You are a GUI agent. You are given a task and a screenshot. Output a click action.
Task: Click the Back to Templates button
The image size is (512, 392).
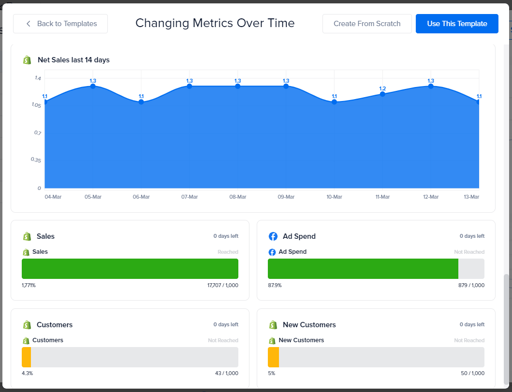[60, 24]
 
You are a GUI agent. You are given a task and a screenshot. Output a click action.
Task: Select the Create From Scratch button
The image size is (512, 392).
[367, 24]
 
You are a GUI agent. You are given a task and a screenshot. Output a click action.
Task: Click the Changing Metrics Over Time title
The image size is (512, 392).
[215, 23]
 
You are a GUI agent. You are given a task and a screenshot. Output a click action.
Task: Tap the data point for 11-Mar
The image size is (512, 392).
[382, 94]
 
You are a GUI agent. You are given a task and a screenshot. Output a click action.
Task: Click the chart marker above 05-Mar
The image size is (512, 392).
[93, 86]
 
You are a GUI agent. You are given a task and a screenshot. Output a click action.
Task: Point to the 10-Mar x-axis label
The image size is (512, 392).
[334, 197]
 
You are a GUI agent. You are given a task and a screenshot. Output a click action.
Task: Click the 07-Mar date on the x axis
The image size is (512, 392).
[190, 197]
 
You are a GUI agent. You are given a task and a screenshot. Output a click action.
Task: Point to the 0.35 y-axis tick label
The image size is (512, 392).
[36, 160]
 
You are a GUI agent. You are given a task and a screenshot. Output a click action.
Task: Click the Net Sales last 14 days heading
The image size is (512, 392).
[73, 60]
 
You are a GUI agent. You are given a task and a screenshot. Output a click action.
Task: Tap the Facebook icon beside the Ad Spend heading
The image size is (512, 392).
[273, 236]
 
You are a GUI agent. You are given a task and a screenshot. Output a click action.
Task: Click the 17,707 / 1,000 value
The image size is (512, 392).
[222, 285]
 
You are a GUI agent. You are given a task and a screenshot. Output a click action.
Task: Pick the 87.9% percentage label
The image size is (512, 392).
[275, 285]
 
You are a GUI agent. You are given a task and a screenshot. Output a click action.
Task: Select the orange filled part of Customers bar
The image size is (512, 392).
[26, 357]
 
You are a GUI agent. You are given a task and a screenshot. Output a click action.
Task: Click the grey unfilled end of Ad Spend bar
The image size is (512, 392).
[471, 269]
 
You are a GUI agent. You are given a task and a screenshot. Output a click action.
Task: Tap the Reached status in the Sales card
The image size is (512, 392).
[228, 252]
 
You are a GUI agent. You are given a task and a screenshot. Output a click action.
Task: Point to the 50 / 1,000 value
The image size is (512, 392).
[472, 373]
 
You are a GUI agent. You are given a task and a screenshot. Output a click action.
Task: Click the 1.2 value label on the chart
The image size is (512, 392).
[382, 88]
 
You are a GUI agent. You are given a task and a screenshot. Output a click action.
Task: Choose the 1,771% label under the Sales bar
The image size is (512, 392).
[29, 285]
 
